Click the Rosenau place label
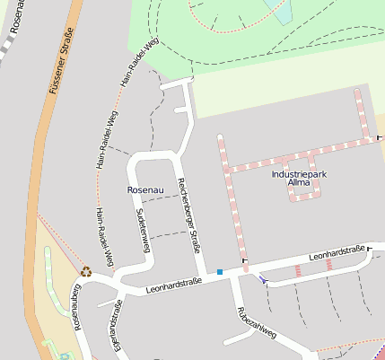144,190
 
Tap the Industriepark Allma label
297,178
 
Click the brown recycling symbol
86,271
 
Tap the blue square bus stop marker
220,271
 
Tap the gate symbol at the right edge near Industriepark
380,137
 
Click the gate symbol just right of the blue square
244,262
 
